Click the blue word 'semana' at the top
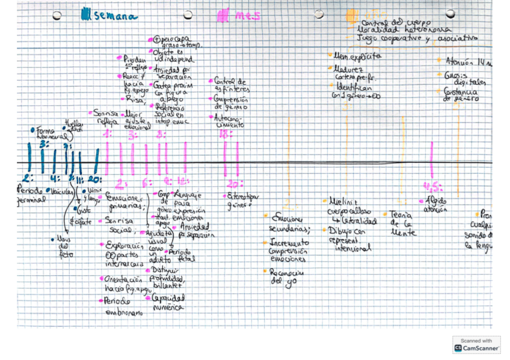pyautogui.click(x=116, y=17)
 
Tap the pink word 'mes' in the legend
pyautogui.click(x=248, y=16)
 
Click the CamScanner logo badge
pyautogui.click(x=476, y=344)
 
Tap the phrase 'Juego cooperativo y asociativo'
pyautogui.click(x=417, y=38)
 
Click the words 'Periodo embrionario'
pyautogui.click(x=123, y=306)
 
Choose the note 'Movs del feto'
pyautogui.click(x=64, y=247)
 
